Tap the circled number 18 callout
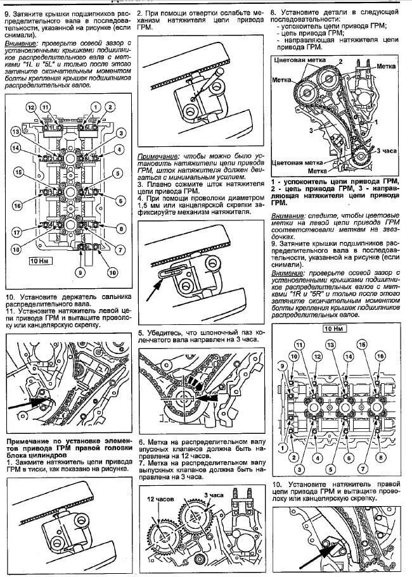click(17, 250)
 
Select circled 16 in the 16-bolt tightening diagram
click(380, 356)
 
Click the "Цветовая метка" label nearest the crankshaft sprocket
click(296, 163)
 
